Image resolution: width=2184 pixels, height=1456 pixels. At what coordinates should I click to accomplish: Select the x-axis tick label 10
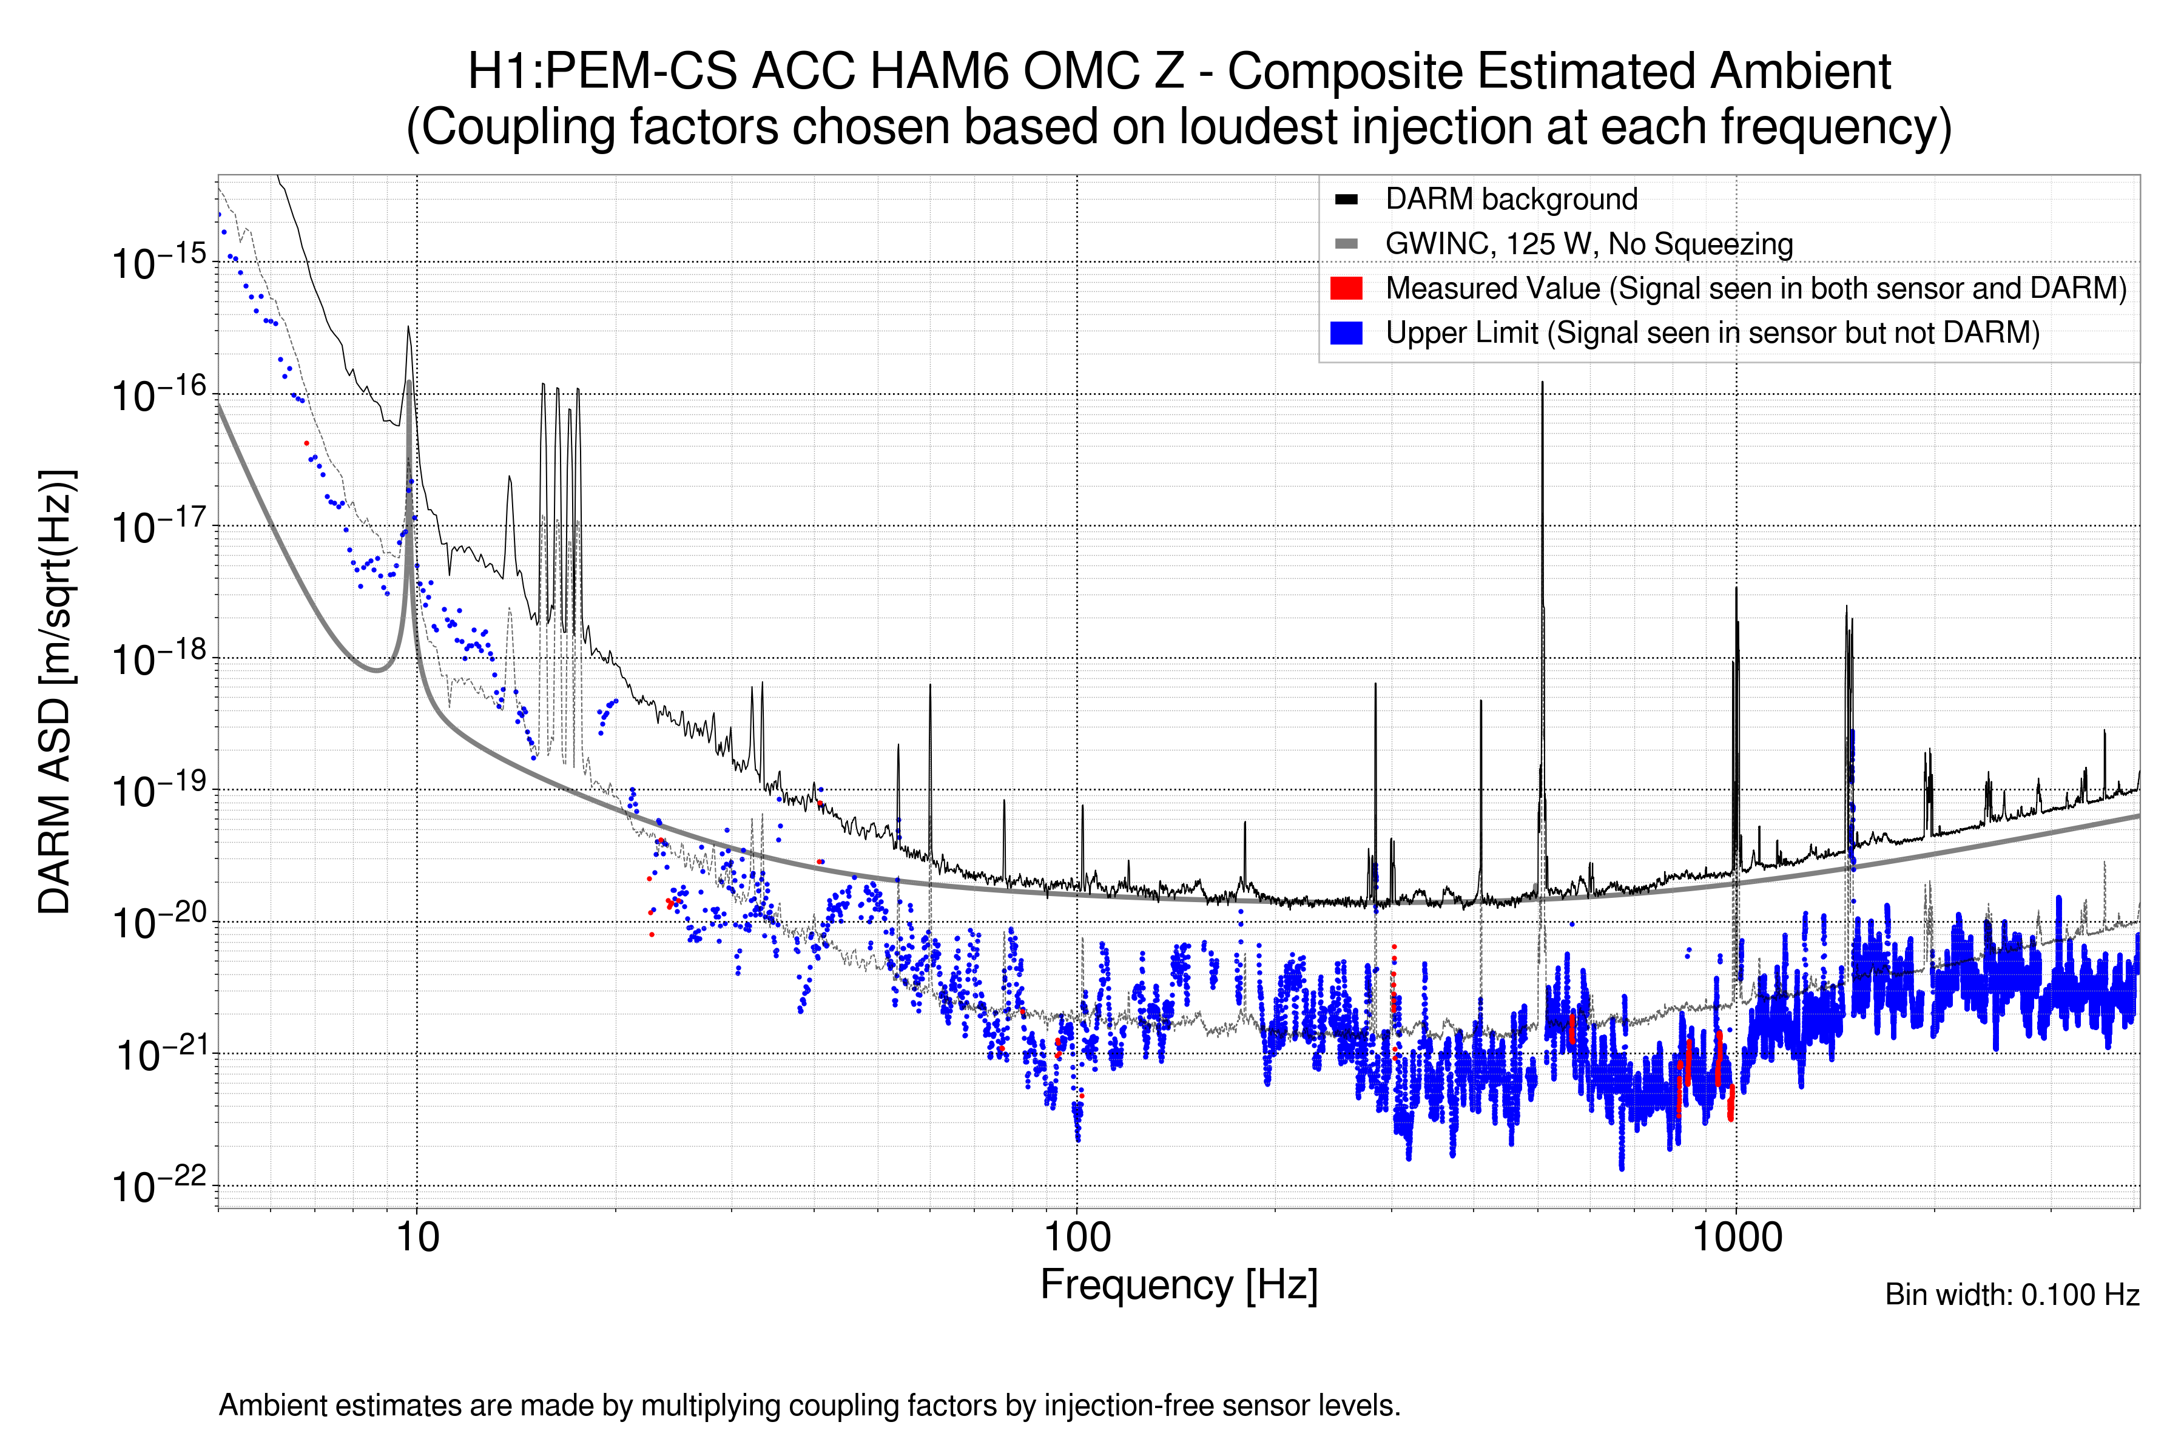(417, 1238)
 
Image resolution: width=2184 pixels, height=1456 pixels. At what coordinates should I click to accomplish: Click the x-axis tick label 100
(1077, 1238)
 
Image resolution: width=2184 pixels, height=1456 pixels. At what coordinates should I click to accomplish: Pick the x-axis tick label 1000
(1736, 1238)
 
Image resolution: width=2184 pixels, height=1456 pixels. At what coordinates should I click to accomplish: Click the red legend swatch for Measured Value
(1346, 288)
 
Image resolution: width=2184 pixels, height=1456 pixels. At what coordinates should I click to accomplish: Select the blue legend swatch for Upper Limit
(1346, 332)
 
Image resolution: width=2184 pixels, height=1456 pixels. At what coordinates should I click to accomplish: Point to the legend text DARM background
(1511, 199)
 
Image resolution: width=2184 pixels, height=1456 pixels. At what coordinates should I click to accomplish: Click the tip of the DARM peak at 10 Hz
(408, 327)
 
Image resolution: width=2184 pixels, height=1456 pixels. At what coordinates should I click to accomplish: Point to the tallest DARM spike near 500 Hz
(1542, 383)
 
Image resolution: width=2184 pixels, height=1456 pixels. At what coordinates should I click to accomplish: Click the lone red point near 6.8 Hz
(306, 443)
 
